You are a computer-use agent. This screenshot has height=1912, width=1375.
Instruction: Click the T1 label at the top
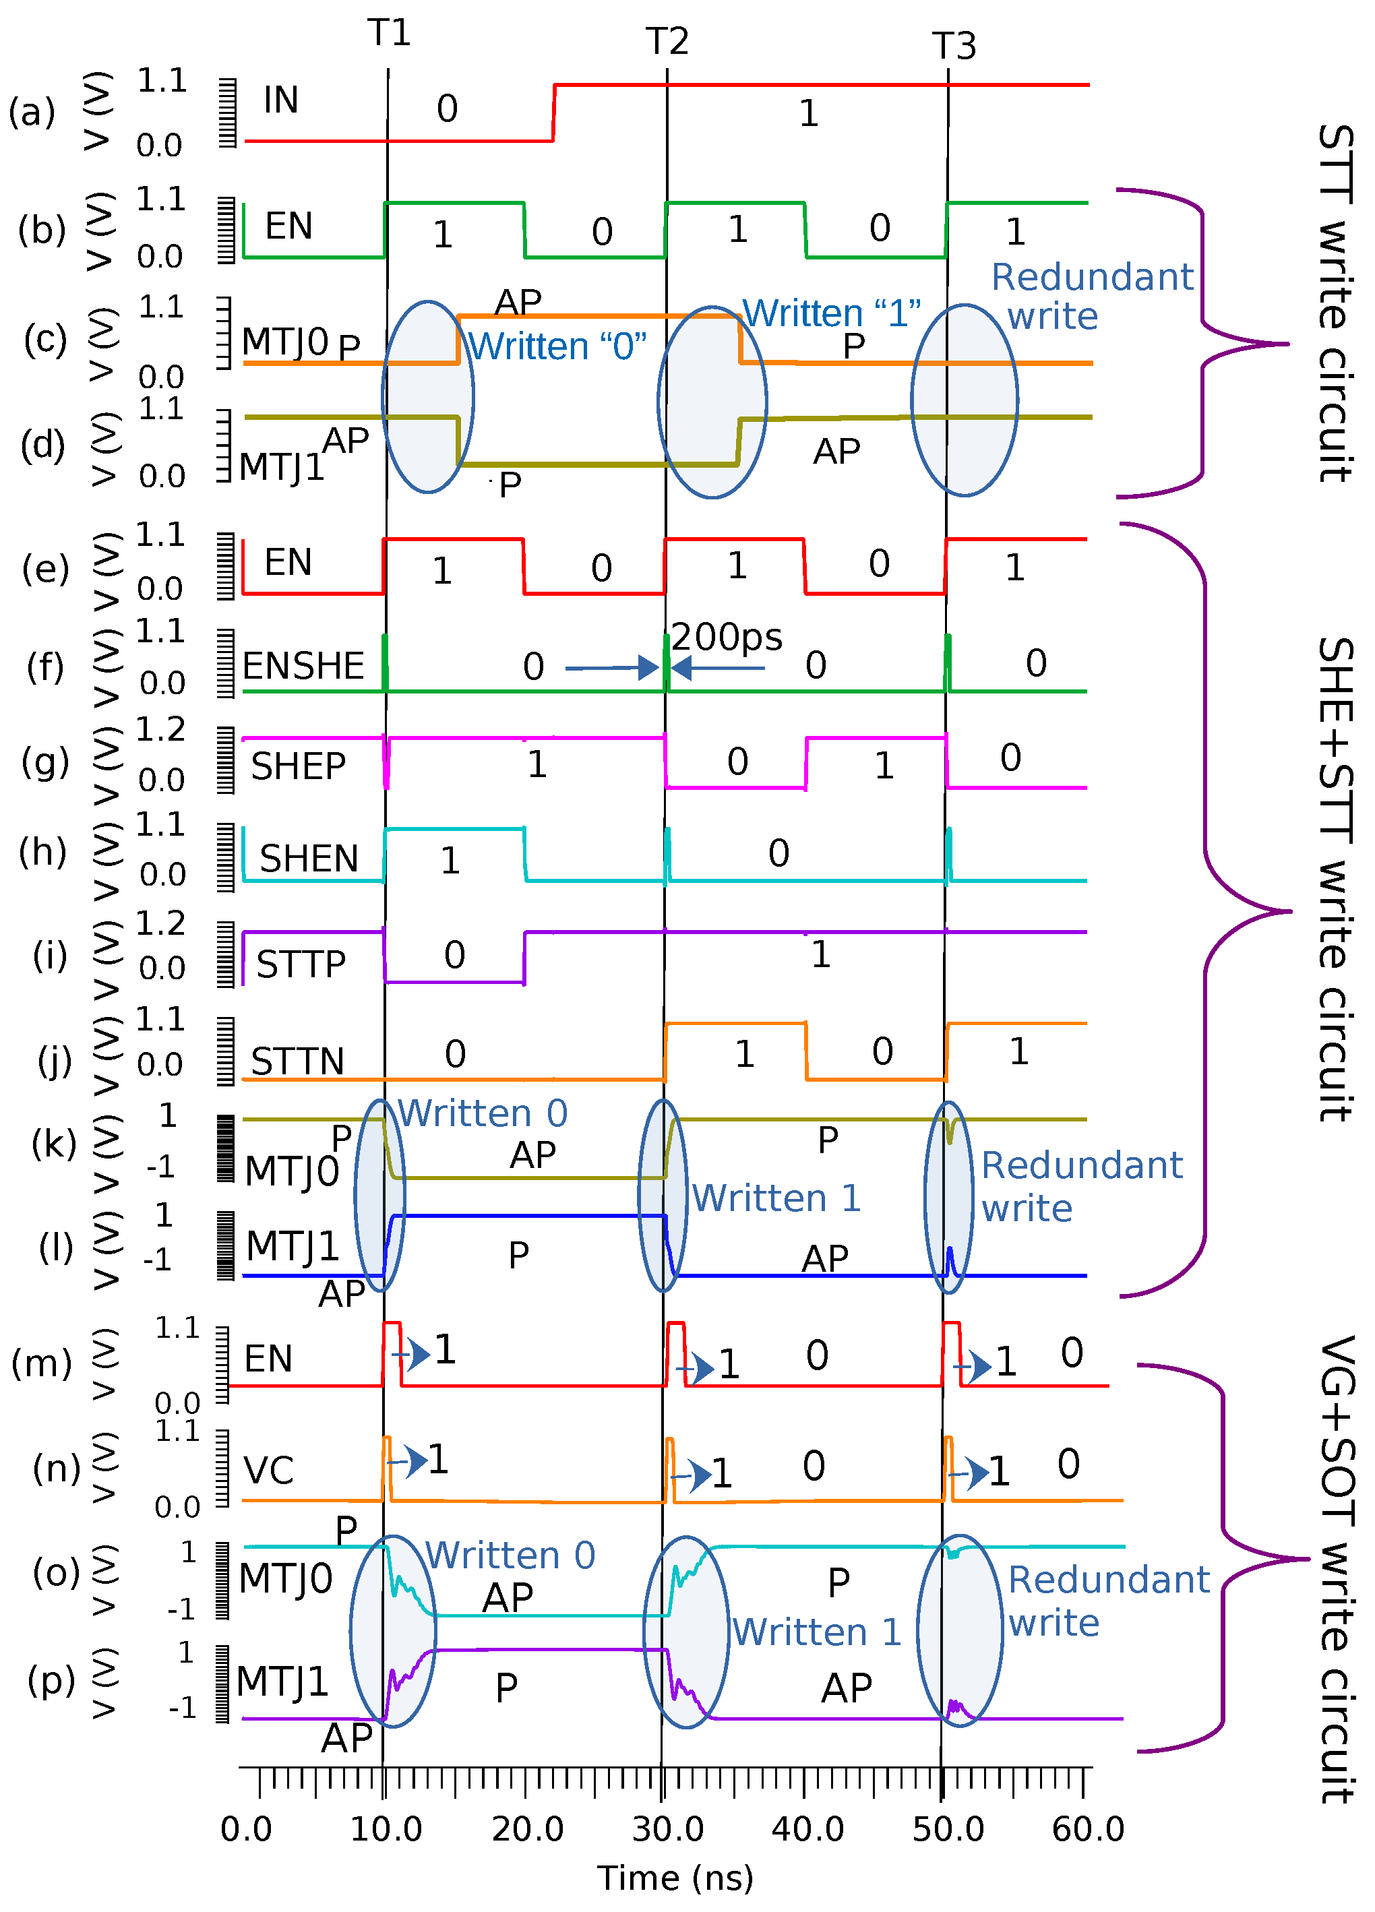click(389, 33)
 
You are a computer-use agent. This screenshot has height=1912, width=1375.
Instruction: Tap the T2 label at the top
click(667, 41)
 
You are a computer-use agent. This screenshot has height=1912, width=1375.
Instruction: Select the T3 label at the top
click(954, 47)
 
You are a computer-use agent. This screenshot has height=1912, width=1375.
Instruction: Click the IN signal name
click(281, 100)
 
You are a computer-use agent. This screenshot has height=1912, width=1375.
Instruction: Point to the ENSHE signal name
click(303, 666)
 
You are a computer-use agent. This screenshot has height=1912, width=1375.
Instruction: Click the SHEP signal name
click(298, 766)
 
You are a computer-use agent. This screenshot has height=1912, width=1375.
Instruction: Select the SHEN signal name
click(309, 858)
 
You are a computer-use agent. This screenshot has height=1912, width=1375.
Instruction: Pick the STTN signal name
click(298, 1061)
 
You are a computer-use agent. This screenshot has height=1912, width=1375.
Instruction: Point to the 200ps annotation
click(726, 638)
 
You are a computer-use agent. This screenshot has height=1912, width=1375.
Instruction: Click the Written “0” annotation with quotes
click(557, 346)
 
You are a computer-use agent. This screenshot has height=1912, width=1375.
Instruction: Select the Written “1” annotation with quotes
click(831, 313)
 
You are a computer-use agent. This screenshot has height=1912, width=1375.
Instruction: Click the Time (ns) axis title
click(675, 1878)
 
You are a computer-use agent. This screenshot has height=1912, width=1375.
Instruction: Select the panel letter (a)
click(32, 112)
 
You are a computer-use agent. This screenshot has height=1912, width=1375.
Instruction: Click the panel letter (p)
click(51, 1679)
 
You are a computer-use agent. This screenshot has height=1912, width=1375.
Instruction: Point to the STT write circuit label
click(1336, 303)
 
